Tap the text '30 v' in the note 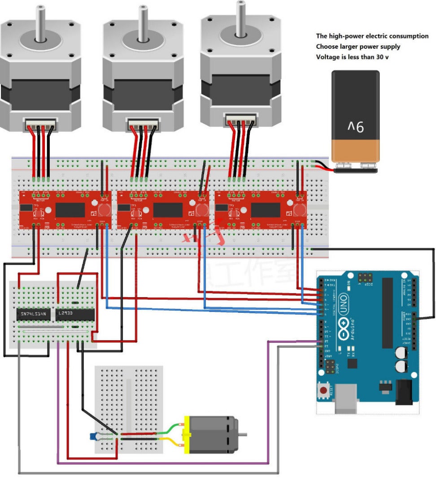pos(380,57)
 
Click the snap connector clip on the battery pos(356,168)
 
